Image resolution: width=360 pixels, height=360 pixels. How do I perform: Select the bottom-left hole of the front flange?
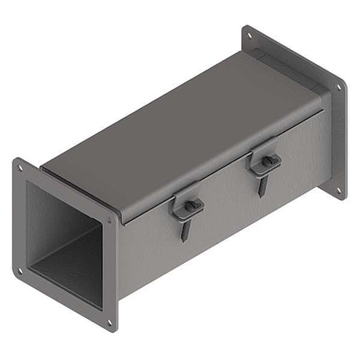point(21,270)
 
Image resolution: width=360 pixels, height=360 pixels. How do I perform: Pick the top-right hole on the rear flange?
point(339,86)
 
